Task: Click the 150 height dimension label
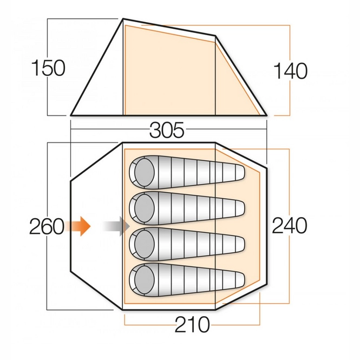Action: point(48,69)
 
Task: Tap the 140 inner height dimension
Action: point(290,71)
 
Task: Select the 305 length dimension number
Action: point(167,130)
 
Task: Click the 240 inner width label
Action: point(290,225)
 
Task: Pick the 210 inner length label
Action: point(192,325)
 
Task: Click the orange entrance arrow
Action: point(78,226)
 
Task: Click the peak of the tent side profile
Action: point(123,19)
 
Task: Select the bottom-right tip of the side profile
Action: point(266,114)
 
